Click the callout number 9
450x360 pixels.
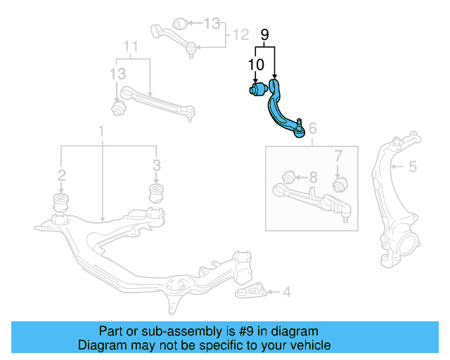click(x=264, y=34)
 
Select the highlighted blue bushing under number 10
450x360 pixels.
click(x=256, y=90)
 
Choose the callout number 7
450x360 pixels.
click(x=337, y=155)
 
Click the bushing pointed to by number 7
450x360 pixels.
click(x=339, y=184)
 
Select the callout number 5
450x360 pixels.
click(x=413, y=167)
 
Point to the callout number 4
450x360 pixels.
click(x=286, y=291)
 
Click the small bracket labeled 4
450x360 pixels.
click(x=252, y=291)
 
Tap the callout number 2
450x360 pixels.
click(x=62, y=174)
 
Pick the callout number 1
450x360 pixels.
click(x=101, y=130)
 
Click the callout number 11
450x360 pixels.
click(x=130, y=47)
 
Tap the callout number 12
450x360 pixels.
click(x=241, y=33)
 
